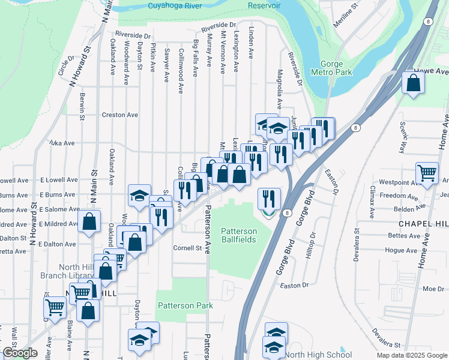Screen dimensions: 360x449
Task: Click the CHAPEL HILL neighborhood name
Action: pos(423,223)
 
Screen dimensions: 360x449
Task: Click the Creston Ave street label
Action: pos(119,115)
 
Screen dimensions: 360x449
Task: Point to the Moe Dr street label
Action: pos(433,289)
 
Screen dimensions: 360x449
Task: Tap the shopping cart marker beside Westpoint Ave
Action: pos(427,173)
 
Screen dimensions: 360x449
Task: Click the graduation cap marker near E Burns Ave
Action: pos(139,196)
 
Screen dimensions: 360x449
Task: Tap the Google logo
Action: pos(19,353)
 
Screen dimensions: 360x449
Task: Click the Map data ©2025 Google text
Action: pos(411,355)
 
